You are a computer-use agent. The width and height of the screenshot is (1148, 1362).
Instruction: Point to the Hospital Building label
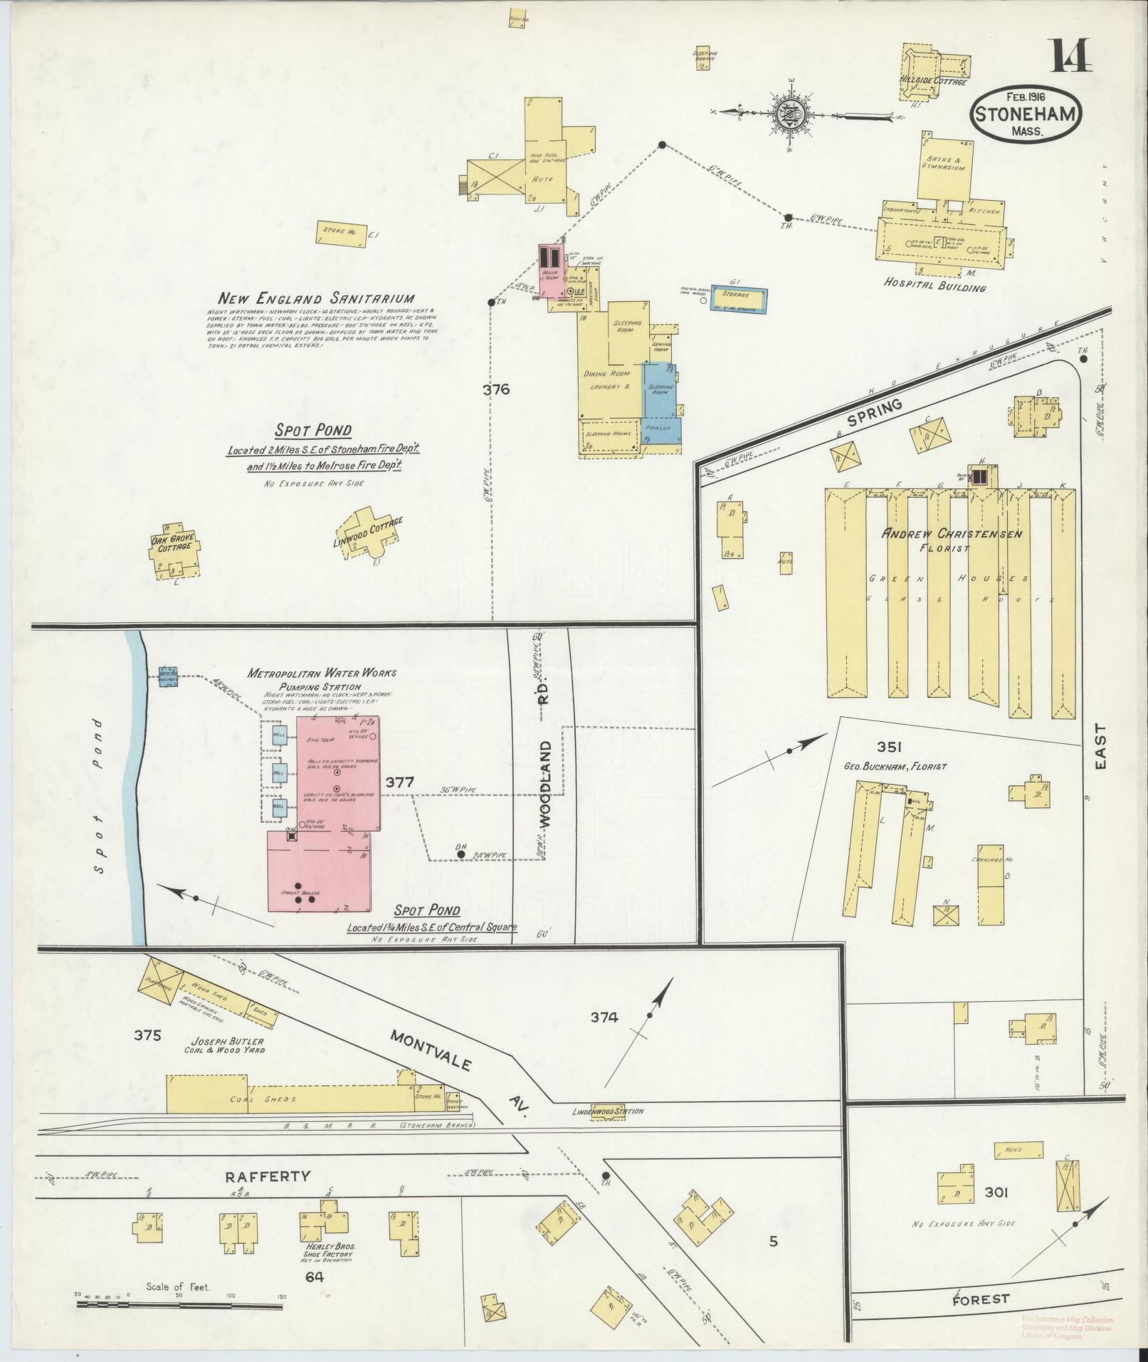point(934,287)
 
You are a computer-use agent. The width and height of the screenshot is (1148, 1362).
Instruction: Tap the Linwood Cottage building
point(368,532)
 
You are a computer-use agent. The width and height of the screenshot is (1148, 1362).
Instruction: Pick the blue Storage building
point(740,300)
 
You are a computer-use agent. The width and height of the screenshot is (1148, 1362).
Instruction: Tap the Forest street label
point(981,1299)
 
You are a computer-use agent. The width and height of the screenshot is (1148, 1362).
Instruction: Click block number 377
point(399,782)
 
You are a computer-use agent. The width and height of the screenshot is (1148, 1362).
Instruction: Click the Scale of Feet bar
point(181,1304)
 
